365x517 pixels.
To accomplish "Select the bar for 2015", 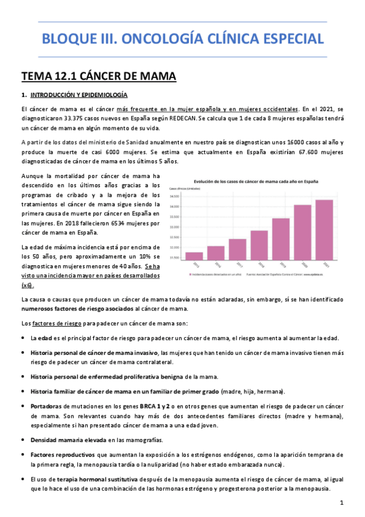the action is click(194, 256).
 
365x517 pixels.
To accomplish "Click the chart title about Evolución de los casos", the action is click(255, 182).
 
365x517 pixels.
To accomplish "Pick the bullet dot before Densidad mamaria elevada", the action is click(24, 440).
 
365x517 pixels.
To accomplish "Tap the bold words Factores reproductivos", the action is click(62, 455).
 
